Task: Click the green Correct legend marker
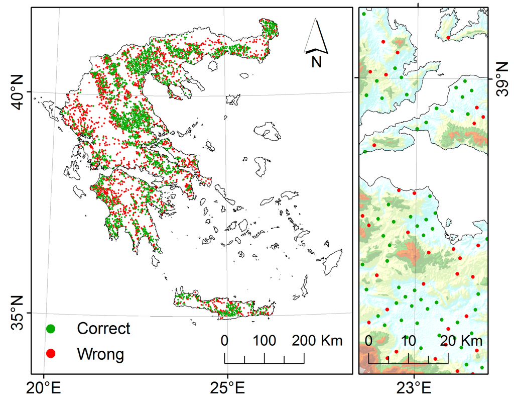tap(50, 329)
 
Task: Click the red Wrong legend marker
tap(50, 354)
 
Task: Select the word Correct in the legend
tap(103, 329)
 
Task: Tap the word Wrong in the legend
tap(100, 354)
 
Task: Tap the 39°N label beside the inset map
tap(502, 78)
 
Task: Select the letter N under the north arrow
tap(316, 62)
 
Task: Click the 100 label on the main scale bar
tap(264, 341)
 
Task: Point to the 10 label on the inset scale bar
tap(409, 340)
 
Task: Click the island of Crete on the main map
tap(226, 306)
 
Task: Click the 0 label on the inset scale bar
tap(369, 340)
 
